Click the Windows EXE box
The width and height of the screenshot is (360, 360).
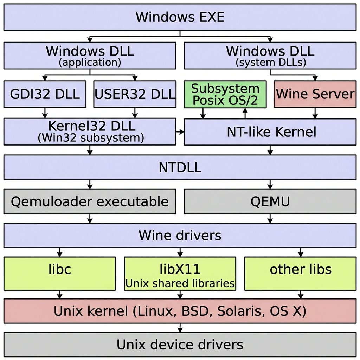pyautogui.click(x=180, y=17)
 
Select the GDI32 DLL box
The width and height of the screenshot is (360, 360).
pyautogui.click(x=45, y=94)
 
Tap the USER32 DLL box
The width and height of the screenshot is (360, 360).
pyautogui.click(x=135, y=94)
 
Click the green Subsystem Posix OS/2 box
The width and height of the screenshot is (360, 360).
pyautogui.click(x=225, y=94)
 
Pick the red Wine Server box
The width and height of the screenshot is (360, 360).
pyautogui.click(x=315, y=94)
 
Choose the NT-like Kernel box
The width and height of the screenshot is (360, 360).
pyautogui.click(x=270, y=132)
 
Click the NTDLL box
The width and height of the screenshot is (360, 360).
pyautogui.click(x=180, y=167)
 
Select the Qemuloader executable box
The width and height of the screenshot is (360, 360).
pyautogui.click(x=90, y=201)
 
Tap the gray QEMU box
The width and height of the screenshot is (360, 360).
pyautogui.click(x=270, y=201)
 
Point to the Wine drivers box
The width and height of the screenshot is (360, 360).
pyautogui.click(x=180, y=235)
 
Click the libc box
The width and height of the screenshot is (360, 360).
pyautogui.click(x=59, y=274)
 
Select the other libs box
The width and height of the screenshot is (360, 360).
pyautogui.click(x=300, y=274)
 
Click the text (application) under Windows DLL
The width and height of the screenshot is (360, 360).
pyautogui.click(x=90, y=63)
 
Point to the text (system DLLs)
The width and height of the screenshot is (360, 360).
pyautogui.click(x=270, y=63)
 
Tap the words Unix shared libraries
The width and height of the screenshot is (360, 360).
pyautogui.click(x=180, y=283)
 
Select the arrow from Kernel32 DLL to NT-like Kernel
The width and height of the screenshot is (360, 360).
pyautogui.click(x=180, y=132)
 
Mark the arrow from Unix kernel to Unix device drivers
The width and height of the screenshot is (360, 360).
pyautogui.click(x=180, y=328)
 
